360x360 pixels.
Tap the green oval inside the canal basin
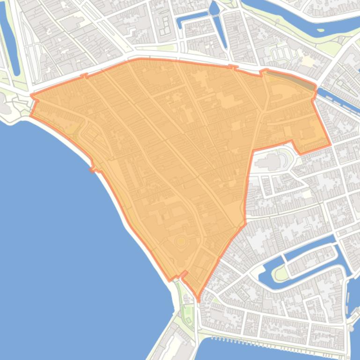click(281, 274)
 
